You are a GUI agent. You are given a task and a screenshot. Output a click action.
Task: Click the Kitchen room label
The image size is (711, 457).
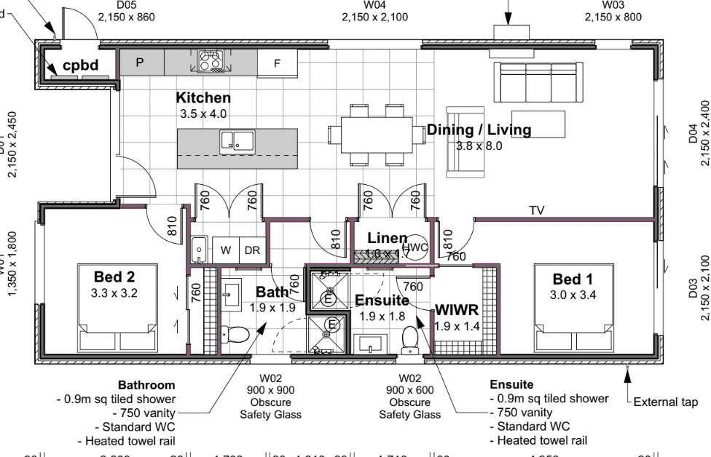[x=203, y=98]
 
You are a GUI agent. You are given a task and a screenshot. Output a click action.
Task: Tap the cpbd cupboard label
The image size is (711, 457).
[x=80, y=65]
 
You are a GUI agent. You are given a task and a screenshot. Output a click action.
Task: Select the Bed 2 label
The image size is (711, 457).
[x=114, y=277]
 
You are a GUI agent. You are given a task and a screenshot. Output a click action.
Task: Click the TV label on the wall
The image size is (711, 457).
[x=537, y=211]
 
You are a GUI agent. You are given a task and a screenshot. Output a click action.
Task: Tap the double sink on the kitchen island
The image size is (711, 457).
[x=236, y=140]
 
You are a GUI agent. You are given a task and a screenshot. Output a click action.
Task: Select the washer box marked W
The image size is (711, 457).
[x=226, y=250]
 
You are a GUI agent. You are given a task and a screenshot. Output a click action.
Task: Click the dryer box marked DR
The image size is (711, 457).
[x=252, y=250]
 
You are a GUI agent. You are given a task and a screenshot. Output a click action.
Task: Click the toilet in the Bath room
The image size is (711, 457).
[x=237, y=335]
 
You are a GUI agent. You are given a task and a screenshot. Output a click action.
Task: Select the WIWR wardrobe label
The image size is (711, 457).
[x=457, y=310]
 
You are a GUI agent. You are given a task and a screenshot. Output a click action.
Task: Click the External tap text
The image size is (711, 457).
[x=664, y=402]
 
